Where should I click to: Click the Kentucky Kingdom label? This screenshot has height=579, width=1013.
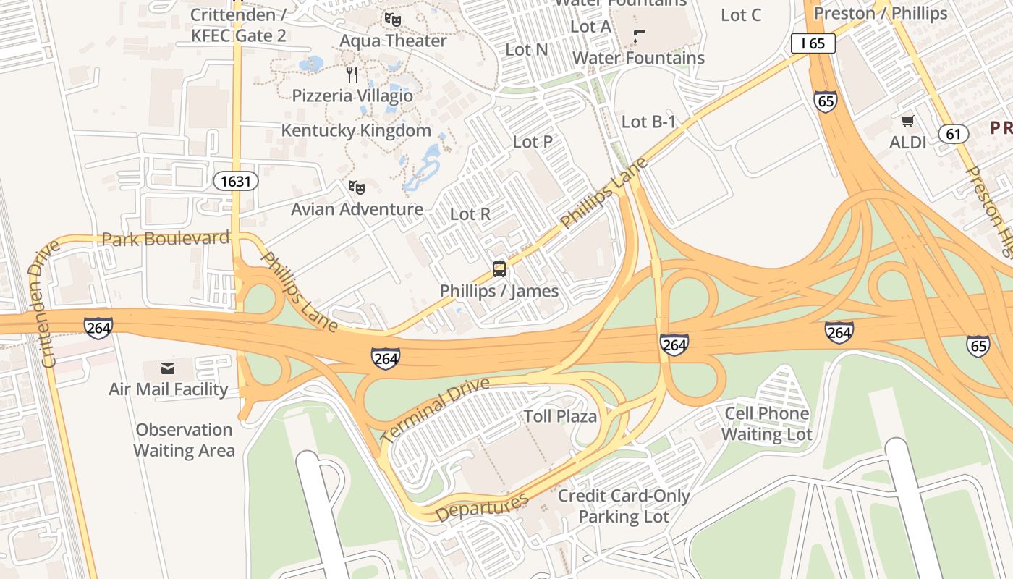pos(356,131)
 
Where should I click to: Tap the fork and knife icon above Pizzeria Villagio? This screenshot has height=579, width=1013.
pos(352,74)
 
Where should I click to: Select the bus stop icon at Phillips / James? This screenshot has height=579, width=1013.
pos(499,269)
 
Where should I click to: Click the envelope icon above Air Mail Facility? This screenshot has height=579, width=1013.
pos(168,368)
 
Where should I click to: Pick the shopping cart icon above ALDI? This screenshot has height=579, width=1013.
pos(907,121)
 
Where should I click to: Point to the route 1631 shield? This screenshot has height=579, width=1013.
pos(236,181)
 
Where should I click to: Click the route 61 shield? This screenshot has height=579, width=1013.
pos(954,133)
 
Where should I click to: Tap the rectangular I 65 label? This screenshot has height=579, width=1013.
pos(813,43)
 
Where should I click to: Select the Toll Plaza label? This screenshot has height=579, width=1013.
pos(560,416)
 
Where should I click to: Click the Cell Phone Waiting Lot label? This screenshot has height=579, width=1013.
pos(767,424)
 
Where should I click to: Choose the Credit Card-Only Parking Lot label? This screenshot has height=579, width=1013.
pos(624,507)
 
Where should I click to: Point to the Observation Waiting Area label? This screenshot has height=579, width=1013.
pos(184,440)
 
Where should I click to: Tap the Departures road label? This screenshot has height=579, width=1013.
pos(482,507)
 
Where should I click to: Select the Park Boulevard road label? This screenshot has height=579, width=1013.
pos(166,238)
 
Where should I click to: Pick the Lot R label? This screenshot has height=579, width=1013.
pos(470,214)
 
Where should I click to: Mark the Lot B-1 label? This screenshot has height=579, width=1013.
pos(648,122)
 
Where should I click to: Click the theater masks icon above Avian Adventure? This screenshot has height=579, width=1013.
pos(357,188)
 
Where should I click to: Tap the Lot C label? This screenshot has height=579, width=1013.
pos(742,14)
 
